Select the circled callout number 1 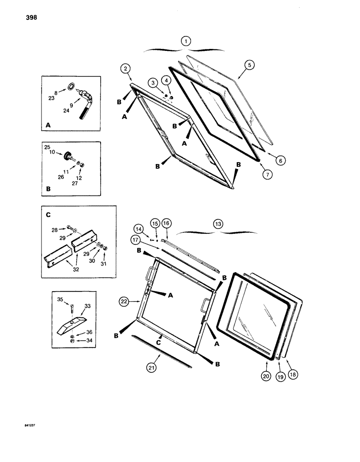coord(185,41)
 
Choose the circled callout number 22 coord(123,301)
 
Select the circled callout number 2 coord(125,70)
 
